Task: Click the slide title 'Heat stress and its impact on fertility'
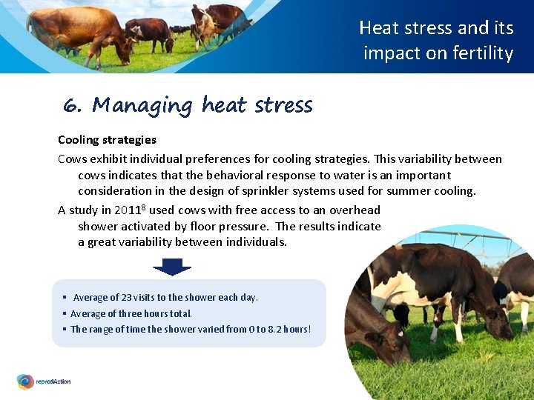[x=437, y=41]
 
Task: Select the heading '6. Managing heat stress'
[x=188, y=105]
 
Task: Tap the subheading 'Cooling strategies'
[x=107, y=139]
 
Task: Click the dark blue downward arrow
[x=172, y=266]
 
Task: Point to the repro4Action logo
[x=44, y=381]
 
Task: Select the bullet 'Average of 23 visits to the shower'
[x=165, y=297]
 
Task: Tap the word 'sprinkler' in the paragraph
[x=288, y=190]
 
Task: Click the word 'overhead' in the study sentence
[x=355, y=210]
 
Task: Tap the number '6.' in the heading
[x=72, y=106]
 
